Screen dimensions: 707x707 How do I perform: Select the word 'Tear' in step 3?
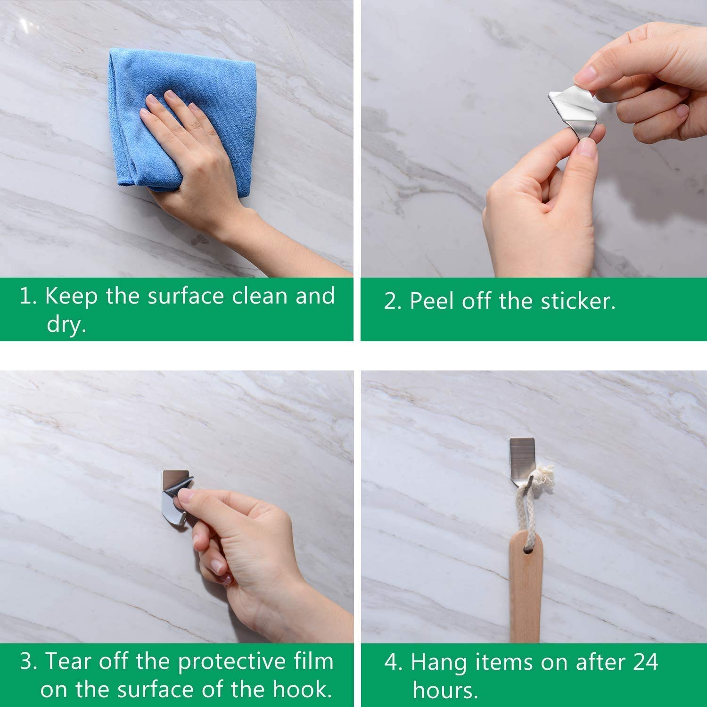tap(66, 662)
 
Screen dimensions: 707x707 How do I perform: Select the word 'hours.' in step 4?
tap(445, 690)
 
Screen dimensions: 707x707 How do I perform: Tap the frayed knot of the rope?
tap(547, 474)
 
